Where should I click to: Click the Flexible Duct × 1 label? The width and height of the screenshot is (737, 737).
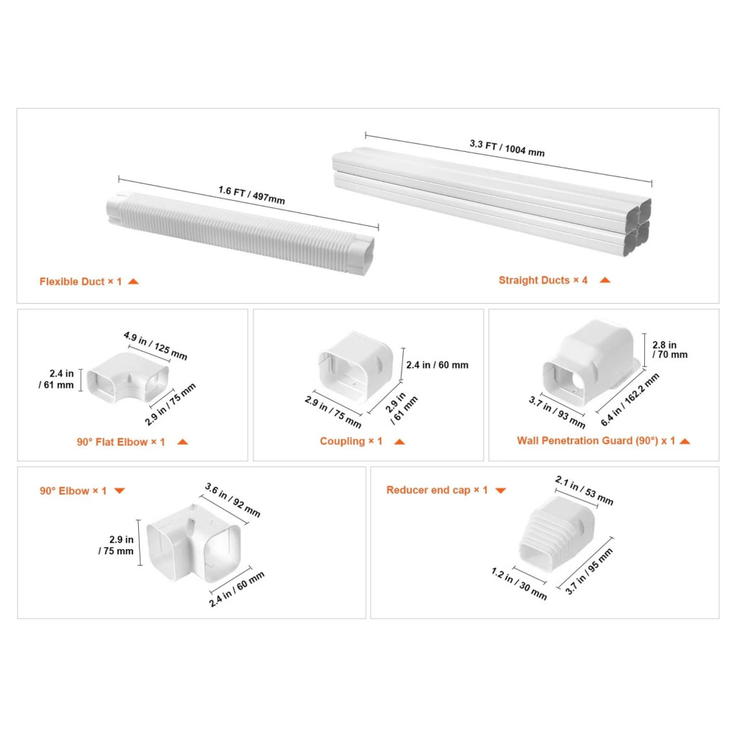pyautogui.click(x=81, y=281)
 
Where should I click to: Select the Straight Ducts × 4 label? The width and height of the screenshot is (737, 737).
pyautogui.click(x=543, y=280)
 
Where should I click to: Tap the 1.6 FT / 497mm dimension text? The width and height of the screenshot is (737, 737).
pyautogui.click(x=251, y=195)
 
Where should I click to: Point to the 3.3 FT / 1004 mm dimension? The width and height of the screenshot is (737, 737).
pyautogui.click(x=507, y=148)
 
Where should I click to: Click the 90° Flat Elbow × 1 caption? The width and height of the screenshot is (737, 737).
pyautogui.click(x=121, y=442)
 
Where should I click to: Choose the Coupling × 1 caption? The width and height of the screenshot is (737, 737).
pyautogui.click(x=351, y=441)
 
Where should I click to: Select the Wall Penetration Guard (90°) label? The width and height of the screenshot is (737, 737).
pyautogui.click(x=587, y=440)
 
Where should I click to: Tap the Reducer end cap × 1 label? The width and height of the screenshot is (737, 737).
pyautogui.click(x=437, y=489)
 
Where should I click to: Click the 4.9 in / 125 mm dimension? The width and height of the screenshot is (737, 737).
pyautogui.click(x=155, y=345)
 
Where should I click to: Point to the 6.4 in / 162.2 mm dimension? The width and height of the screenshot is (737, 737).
pyautogui.click(x=630, y=399)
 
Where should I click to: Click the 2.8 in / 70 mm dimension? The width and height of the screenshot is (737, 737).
pyautogui.click(x=670, y=350)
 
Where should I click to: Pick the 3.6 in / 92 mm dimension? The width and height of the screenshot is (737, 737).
pyautogui.click(x=232, y=500)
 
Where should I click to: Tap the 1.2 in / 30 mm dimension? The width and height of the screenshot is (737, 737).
pyautogui.click(x=519, y=584)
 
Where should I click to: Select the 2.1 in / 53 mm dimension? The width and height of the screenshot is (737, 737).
pyautogui.click(x=584, y=490)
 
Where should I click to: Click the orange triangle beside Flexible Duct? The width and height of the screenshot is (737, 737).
pyautogui.click(x=133, y=281)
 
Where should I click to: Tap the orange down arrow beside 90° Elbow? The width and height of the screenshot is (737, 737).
pyautogui.click(x=119, y=491)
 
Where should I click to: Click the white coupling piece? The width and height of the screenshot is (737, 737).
pyautogui.click(x=356, y=366)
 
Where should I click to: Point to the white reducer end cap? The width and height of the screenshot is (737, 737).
pyautogui.click(x=557, y=533)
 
